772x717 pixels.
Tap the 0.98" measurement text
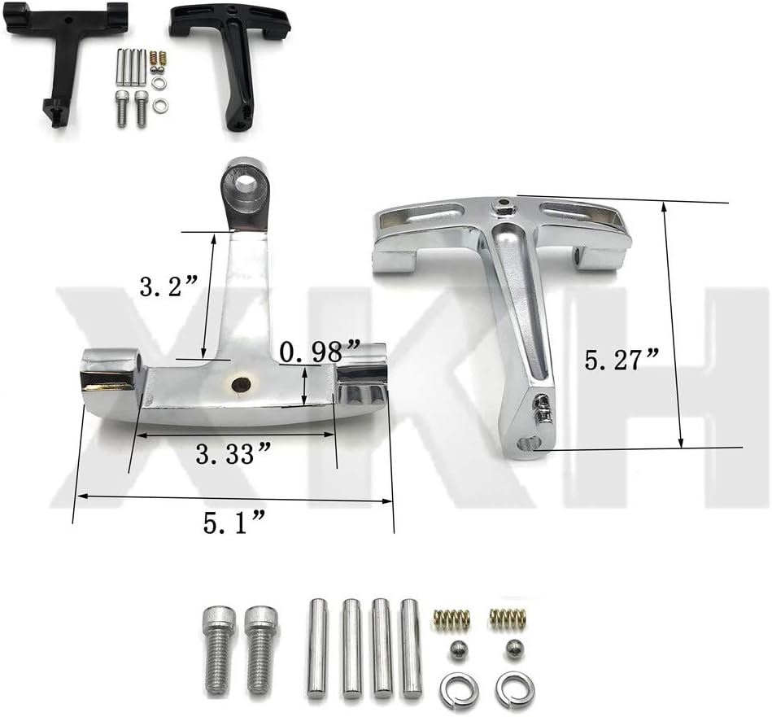click(320, 352)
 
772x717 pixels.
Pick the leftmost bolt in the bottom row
click(218, 649)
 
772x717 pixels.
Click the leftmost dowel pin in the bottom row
click(317, 649)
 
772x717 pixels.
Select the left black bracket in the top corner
click(65, 57)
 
